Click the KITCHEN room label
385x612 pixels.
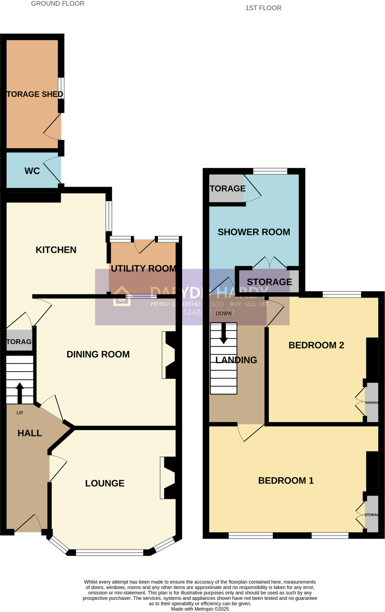[56, 250]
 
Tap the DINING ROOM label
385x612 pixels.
[98, 354]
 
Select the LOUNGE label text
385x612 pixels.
[105, 484]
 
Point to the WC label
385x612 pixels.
[32, 171]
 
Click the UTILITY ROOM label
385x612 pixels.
[143, 269]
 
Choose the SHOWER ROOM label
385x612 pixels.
[254, 232]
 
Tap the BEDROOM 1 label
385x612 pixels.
[286, 481]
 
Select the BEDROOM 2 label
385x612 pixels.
[316, 345]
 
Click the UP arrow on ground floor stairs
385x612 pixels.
[20, 393]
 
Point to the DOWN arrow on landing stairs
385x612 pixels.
[223, 333]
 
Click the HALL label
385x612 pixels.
[30, 433]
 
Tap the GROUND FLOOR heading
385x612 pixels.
[58, 4]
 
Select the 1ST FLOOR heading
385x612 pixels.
[263, 8]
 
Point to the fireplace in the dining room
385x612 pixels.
[170, 355]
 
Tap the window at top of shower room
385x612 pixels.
[270, 171]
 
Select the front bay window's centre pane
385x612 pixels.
[110, 553]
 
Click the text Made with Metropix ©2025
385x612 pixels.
[200, 609]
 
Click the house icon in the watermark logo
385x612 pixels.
[122, 296]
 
